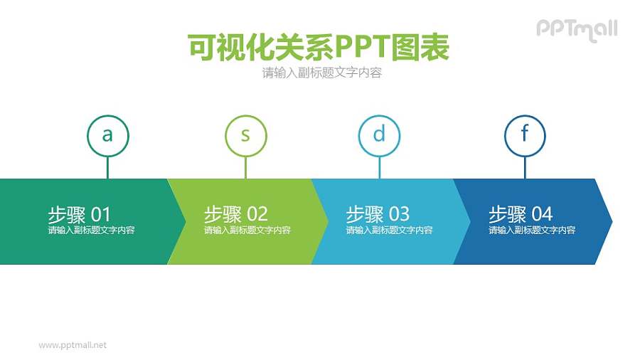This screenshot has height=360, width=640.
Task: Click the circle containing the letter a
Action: point(107,135)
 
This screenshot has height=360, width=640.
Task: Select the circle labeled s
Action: point(245,135)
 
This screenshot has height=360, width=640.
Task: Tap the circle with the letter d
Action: point(379,135)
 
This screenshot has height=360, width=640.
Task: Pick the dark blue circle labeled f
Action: point(525,135)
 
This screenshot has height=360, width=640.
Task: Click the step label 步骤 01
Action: point(80,213)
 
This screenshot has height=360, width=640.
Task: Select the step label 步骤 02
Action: point(235,213)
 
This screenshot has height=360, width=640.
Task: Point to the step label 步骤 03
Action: point(378,213)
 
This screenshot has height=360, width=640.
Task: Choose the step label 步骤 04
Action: point(520,213)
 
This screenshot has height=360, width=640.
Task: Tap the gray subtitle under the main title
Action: point(321,73)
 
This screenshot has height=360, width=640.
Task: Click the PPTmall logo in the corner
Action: point(577,29)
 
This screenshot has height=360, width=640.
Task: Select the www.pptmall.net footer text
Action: point(73,345)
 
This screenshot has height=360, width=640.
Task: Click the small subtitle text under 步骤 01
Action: point(91,231)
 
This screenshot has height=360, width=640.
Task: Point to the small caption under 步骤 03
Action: point(389,231)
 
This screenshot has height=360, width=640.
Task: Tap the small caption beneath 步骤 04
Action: point(531,231)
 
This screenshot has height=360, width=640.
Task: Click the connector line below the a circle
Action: point(107,167)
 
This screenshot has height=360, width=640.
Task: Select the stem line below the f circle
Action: point(525,167)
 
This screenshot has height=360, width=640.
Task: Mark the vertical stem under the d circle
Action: point(379,167)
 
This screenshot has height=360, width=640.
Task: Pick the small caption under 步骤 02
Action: point(247,231)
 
